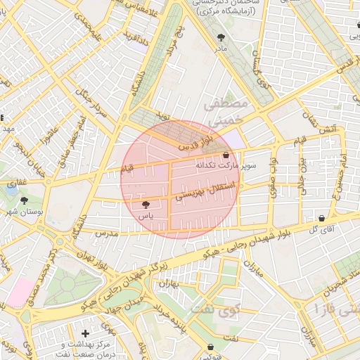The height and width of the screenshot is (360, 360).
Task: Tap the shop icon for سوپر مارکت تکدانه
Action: pos(226,155)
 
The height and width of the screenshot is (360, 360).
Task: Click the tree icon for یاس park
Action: pos(146,205)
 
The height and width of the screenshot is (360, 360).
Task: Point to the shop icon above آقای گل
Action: pos(321,218)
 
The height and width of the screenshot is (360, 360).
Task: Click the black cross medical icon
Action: pos(85,333)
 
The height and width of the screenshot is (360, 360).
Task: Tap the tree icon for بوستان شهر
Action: pos(25,201)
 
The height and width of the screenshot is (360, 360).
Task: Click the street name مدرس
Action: pos(105,233)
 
